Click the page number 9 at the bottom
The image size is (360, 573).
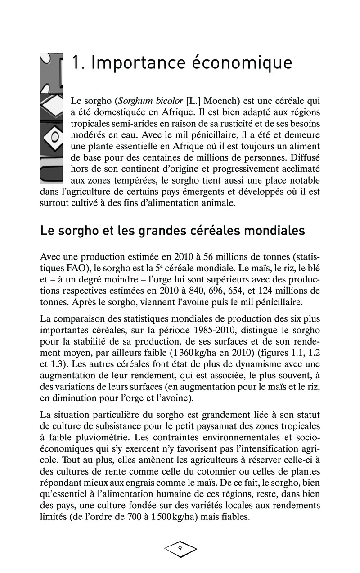(180, 548)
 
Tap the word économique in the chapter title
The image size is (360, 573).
(242, 63)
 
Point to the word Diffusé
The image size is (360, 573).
(303, 157)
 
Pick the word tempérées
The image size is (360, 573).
(127, 181)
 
